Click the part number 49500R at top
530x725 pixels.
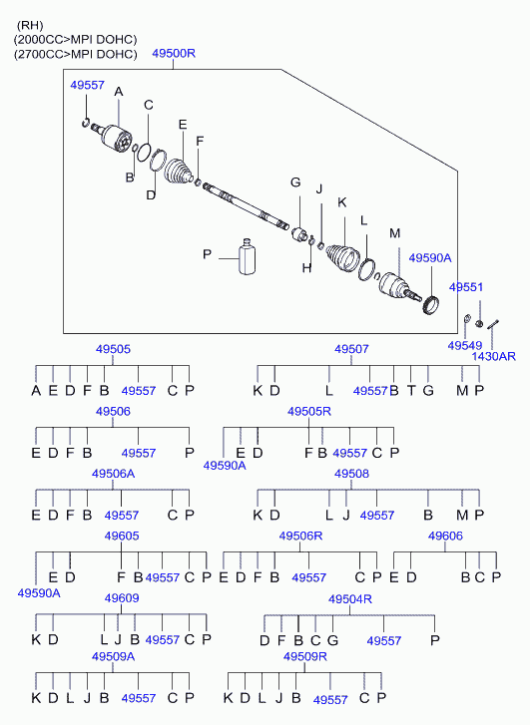[x=174, y=53]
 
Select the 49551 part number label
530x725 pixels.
[x=466, y=287]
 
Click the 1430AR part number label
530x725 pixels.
[x=493, y=356]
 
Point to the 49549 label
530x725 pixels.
[x=465, y=345]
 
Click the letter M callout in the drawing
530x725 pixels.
[x=394, y=233]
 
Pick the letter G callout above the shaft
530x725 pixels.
[x=295, y=182]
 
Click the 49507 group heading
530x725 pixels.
[x=351, y=349]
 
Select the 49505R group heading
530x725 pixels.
[x=309, y=411]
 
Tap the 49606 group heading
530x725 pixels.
[x=445, y=536]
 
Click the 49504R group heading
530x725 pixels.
[x=350, y=598]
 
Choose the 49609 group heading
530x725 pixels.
[x=122, y=597]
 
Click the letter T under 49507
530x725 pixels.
[x=411, y=390]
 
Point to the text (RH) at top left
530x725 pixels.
[x=30, y=25]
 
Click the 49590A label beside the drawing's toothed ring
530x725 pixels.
[x=430, y=257]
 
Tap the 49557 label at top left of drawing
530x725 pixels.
[x=87, y=85]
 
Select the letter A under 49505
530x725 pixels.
[x=36, y=390]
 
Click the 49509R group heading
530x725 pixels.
[x=305, y=656]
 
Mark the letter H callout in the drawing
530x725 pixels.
[x=306, y=267]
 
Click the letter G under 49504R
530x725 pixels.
[x=332, y=640]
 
